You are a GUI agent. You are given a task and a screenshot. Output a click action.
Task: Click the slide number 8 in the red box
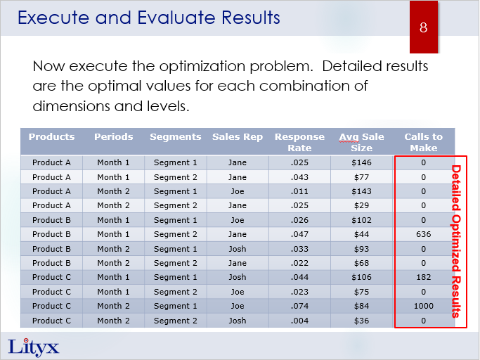coord(423,27)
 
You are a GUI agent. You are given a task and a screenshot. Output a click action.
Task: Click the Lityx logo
coord(33,347)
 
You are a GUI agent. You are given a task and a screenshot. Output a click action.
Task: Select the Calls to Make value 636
coord(423,234)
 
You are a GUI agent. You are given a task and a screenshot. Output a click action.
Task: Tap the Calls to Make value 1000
coord(423,306)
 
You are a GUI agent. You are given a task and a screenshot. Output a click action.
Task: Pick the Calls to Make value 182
coord(423,277)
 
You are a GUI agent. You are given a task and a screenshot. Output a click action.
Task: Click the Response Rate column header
coord(299,143)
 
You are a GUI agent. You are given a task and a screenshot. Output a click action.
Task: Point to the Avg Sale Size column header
coord(361,143)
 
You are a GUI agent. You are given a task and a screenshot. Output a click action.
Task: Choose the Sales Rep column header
coord(238,137)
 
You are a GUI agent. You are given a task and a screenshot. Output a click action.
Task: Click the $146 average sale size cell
coord(361,162)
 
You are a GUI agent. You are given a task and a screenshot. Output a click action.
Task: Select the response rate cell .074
coord(299,306)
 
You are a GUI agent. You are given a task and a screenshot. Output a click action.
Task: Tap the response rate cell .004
coord(299,321)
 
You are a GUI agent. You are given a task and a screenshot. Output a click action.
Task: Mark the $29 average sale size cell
coord(361,205)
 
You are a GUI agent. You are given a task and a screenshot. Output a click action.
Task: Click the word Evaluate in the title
coord(176,18)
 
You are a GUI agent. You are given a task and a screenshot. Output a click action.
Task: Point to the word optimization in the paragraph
coord(203,67)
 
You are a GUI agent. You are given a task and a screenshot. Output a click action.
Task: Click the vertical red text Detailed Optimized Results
coord(456,241)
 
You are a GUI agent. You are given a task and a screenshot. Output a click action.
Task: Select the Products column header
coord(51,137)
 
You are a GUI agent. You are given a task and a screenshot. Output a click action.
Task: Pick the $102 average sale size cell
coord(361,220)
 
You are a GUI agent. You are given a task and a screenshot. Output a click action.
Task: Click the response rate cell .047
coord(299,234)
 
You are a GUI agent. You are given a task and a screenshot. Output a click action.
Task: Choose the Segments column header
coord(176,137)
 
